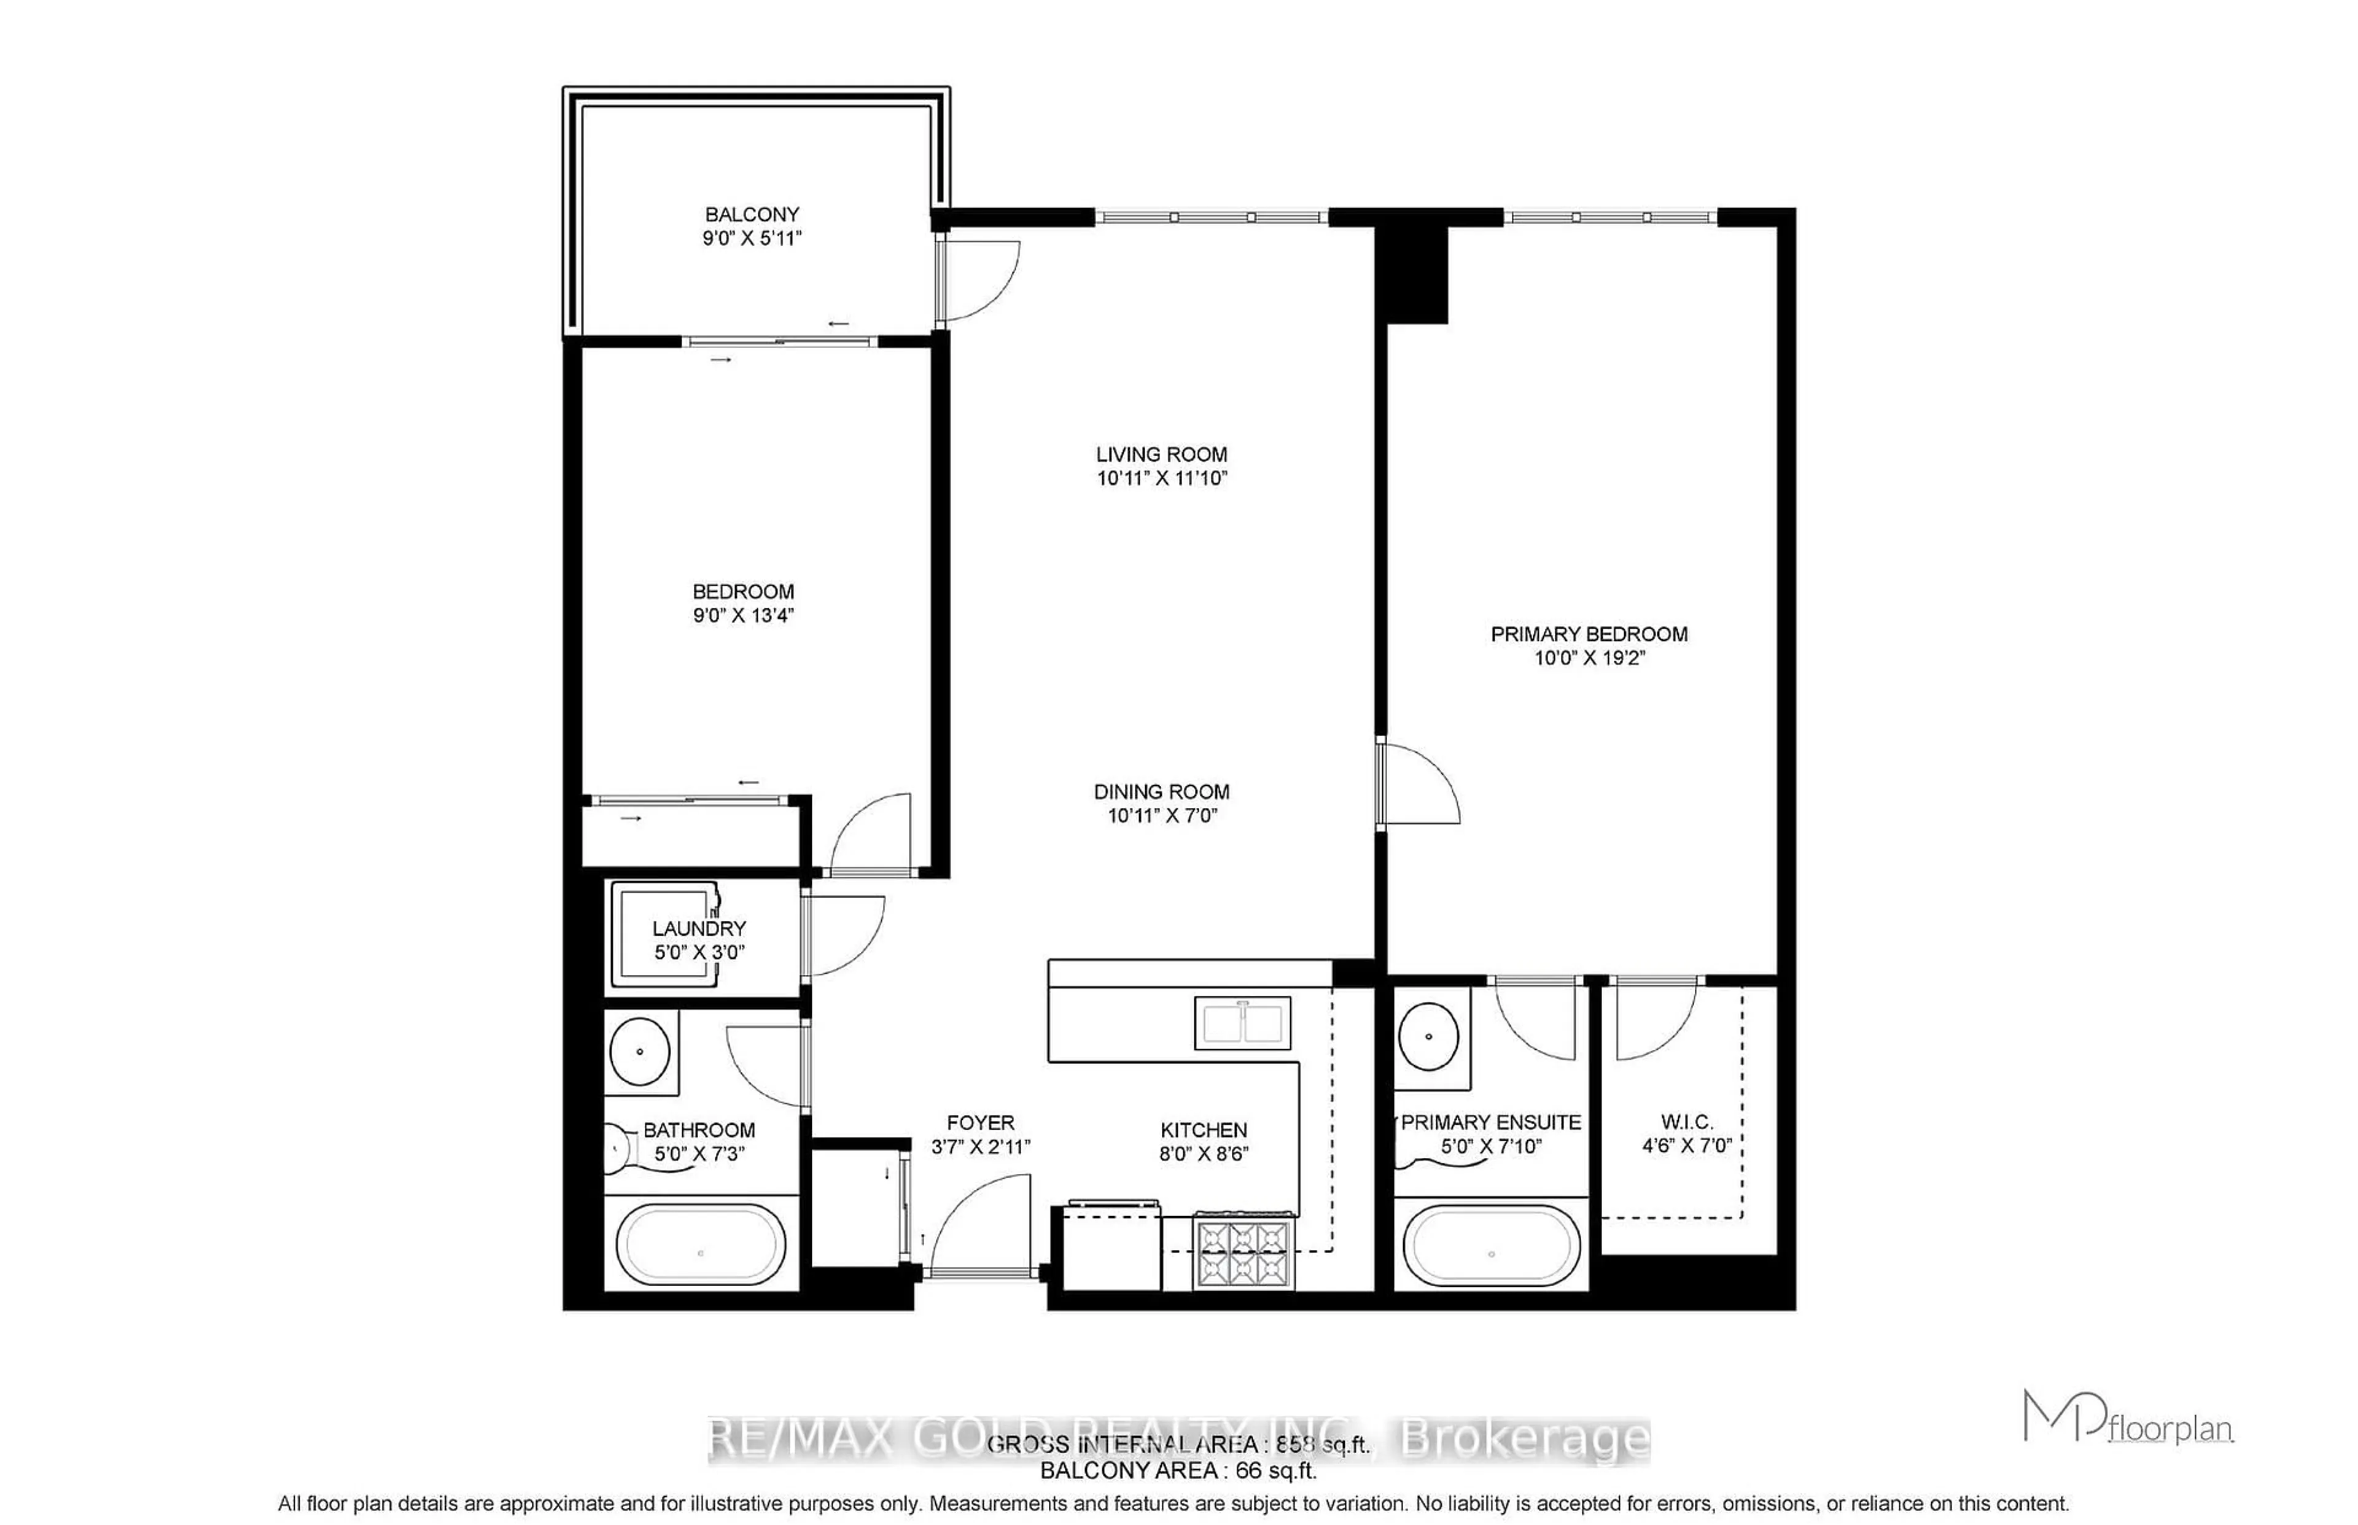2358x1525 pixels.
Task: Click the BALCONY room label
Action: click(x=752, y=214)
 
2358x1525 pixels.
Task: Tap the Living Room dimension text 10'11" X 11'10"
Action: click(x=1162, y=478)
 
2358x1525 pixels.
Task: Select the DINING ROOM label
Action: click(x=1162, y=791)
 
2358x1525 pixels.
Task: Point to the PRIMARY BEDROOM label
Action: click(x=1589, y=634)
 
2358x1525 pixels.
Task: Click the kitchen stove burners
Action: click(x=1244, y=1252)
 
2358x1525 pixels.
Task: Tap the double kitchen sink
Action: click(x=1242, y=1023)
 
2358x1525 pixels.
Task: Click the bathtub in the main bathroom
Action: click(x=701, y=1244)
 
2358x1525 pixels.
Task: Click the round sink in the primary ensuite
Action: click(x=1428, y=1036)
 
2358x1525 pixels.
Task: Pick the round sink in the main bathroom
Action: click(x=640, y=1050)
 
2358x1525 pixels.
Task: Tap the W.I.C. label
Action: click(x=1687, y=1122)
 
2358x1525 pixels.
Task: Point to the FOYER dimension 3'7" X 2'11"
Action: click(x=981, y=1147)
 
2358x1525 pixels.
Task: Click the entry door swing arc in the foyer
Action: click(x=981, y=1223)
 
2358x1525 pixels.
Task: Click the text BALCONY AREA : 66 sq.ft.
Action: click(x=1178, y=1470)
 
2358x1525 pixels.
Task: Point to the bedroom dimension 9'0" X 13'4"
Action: click(x=743, y=615)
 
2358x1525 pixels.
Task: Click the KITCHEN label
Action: click(x=1204, y=1130)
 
